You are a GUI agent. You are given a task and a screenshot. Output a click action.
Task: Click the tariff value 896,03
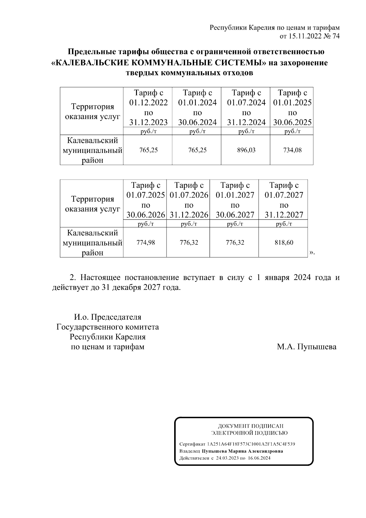tap(246, 150)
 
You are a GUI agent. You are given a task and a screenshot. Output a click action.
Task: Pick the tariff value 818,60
tap(284, 243)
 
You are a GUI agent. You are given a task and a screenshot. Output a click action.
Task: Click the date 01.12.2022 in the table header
tap(148, 103)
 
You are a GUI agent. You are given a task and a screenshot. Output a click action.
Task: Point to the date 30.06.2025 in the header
tap(292, 122)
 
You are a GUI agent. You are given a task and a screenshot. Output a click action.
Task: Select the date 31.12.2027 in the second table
tap(284, 215)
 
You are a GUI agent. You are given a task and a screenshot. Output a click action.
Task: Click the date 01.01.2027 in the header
tap(235, 195)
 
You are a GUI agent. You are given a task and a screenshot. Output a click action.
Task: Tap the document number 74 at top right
tap(335, 36)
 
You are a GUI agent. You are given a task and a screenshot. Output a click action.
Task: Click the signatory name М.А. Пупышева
tap(307, 347)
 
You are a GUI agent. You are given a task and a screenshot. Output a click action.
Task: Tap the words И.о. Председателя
tap(108, 317)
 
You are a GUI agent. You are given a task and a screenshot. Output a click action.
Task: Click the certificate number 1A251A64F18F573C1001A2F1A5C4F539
tap(251, 444)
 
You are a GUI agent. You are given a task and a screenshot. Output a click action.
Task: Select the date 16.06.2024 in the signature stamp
tap(259, 458)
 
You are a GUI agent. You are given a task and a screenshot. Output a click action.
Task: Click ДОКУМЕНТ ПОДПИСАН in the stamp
tap(250, 426)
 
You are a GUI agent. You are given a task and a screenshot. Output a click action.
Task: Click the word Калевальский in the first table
tap(92, 140)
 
